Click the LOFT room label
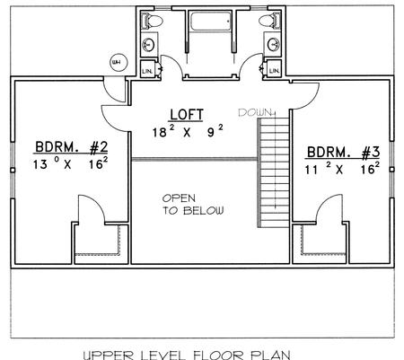pos(187,115)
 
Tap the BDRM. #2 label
pos(72,147)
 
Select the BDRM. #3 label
pos(343,153)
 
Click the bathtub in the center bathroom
pos(211,22)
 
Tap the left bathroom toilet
pos(152,21)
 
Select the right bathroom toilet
pos(270,21)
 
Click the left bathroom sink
pos(148,45)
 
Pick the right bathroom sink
pos(274,45)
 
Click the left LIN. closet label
pos(147,71)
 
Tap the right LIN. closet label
pos(274,71)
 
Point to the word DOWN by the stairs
pos(255,112)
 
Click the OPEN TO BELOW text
pos(193,205)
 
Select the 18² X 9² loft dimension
pos(188,131)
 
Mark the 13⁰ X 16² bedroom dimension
pos(70,163)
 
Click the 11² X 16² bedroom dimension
pos(342,169)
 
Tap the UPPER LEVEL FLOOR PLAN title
pos(187,356)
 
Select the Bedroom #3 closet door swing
pos(324,203)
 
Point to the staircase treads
pos(274,172)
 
